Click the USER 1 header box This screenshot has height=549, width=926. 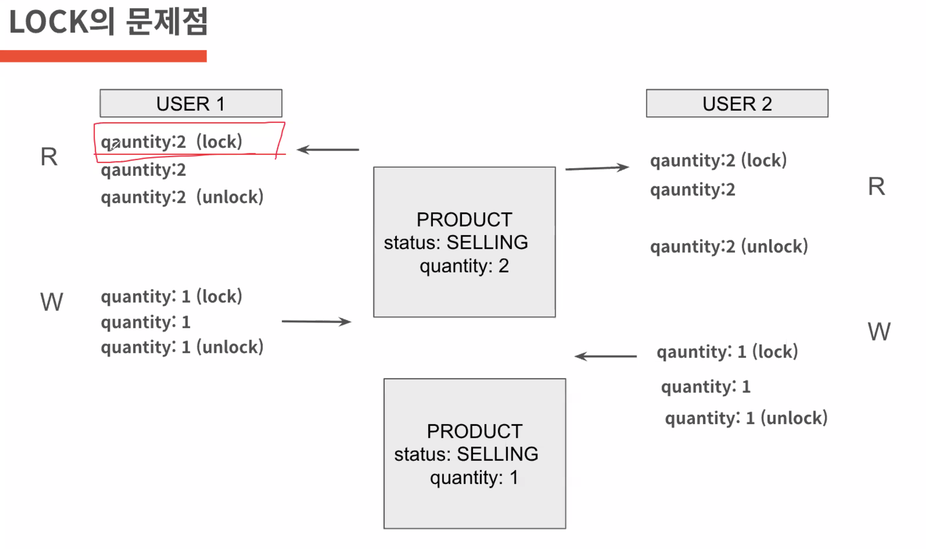pos(191,103)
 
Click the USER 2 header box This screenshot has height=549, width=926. pos(737,103)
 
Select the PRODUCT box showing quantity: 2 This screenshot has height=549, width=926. pos(464,242)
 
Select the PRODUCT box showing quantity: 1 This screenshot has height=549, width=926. pos(474,453)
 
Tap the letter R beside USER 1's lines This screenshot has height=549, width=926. pos(49,157)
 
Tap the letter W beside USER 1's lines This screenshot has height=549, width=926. pos(51,302)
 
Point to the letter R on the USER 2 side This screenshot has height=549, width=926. pos(876,186)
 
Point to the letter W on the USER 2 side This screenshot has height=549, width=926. pos(879,331)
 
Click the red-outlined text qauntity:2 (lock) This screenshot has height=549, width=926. pos(171,142)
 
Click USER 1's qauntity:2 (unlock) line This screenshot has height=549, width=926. pos(182,197)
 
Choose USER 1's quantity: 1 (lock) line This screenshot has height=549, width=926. pos(171,296)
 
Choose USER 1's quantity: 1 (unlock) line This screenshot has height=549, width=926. pos(182,347)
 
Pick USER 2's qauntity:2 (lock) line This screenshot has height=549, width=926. pos(718,160)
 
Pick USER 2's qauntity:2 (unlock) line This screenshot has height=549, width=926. pos(729,246)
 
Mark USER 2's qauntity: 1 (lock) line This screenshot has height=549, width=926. pos(727,352)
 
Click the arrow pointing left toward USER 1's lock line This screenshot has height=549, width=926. pos(328,150)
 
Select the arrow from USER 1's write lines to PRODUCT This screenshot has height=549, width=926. pos(316,322)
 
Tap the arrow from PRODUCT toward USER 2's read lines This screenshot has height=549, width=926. pos(597,168)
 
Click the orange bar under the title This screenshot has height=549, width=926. pos(103,56)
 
